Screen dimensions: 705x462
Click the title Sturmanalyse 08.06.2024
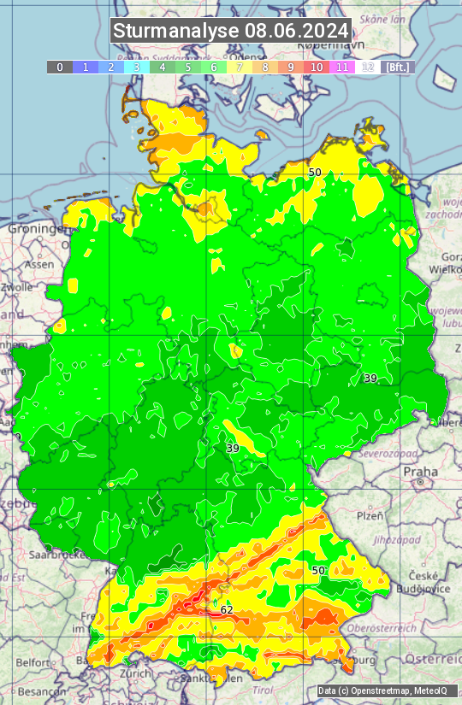pos(231,32)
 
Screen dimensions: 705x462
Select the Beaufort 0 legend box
pos(59,67)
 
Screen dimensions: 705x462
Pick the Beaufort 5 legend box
pos(188,67)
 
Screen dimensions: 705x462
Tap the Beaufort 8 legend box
pos(265,67)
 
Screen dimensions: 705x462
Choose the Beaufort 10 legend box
pos(317,67)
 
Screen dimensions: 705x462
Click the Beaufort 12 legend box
pos(368,67)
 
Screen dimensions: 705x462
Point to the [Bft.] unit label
pos(398,67)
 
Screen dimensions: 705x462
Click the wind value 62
pos(227,609)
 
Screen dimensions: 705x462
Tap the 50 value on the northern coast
pos(315,172)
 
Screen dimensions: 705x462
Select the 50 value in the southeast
pos(318,570)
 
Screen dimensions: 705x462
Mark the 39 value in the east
pos(370,378)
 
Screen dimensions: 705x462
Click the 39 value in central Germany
pos(233,448)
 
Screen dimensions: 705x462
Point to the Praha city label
pos(420,471)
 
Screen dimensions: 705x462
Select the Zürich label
pos(135,673)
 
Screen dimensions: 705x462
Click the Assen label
pos(38,265)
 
